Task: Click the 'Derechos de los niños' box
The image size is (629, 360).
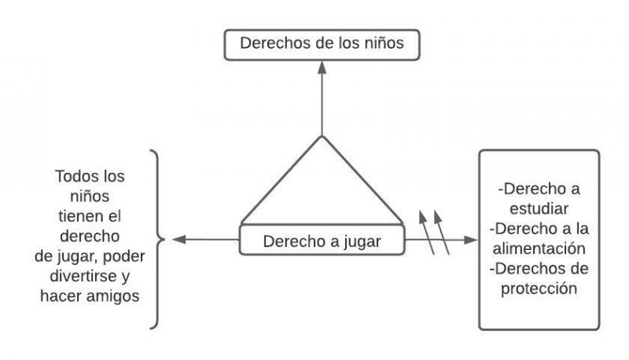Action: pos(321,44)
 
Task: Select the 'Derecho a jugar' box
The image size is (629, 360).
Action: pos(321,241)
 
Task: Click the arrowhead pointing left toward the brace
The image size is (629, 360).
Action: pos(178,239)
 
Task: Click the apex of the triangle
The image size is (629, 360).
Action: pos(321,137)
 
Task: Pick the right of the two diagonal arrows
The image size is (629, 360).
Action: pos(442,232)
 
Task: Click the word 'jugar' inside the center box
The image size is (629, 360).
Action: pos(360,241)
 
